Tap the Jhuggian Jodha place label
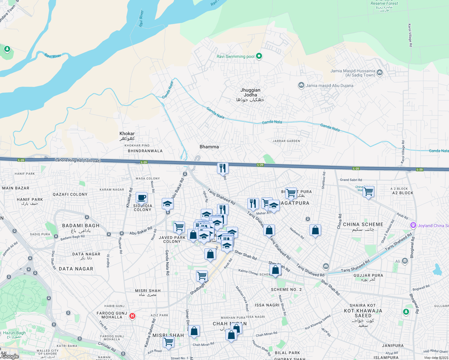click(x=250, y=92)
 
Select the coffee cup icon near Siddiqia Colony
click(x=141, y=198)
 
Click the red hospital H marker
click(x=132, y=316)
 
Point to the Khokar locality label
click(x=127, y=133)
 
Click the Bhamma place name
click(x=209, y=147)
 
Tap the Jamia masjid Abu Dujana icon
click(x=301, y=85)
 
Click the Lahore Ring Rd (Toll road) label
click(x=78, y=160)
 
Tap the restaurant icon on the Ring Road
click(x=223, y=168)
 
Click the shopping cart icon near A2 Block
click(x=368, y=191)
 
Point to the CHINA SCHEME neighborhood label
click(x=363, y=224)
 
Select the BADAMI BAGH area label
click(x=80, y=226)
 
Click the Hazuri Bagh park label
click(x=14, y=333)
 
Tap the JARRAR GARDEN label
click(x=286, y=141)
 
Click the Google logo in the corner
click(x=10, y=356)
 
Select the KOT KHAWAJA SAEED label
click(x=363, y=313)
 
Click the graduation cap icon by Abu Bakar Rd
click(x=167, y=204)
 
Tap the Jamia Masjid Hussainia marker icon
click(x=380, y=72)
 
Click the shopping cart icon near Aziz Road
click(x=168, y=342)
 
